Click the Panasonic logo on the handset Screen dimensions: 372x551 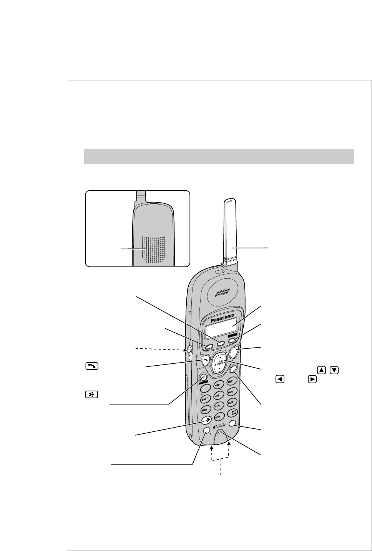pos(222,318)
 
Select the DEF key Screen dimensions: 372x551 pos(231,381)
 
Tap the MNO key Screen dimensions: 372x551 pos(231,392)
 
